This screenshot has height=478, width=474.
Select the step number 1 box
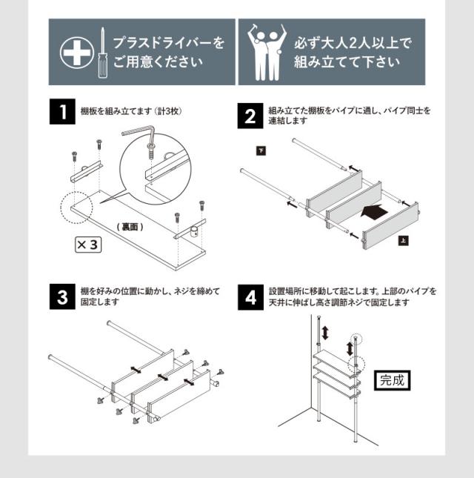click(61, 114)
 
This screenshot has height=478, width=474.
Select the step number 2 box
click(252, 117)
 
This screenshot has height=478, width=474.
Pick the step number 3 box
click(61, 297)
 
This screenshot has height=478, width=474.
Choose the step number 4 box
click(252, 297)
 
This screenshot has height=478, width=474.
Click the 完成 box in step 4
click(392, 381)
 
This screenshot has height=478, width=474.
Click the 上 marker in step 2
click(402, 240)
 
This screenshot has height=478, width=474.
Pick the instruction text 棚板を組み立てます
click(110, 111)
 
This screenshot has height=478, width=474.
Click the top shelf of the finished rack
click(333, 359)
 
